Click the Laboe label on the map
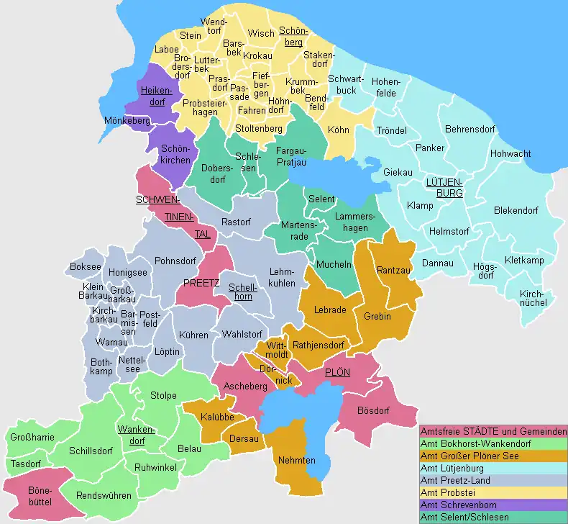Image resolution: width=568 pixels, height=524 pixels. (167, 50)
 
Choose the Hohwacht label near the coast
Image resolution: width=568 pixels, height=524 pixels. (510, 154)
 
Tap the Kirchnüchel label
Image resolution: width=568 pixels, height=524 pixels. (532, 297)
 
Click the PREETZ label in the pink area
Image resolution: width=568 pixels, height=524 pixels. (201, 283)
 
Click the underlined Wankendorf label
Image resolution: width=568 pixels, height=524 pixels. (131, 435)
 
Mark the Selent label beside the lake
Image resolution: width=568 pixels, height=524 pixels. (321, 199)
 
